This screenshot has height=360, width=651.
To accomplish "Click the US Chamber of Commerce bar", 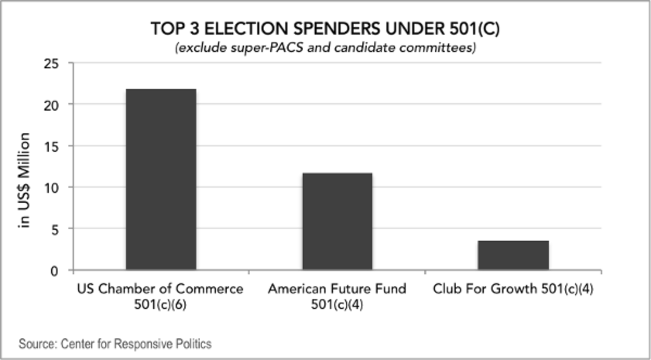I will point(161,179).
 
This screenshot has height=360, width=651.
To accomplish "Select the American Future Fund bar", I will point(337,221).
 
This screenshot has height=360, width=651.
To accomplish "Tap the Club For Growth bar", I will point(513,255).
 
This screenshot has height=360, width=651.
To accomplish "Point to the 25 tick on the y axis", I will point(58,63).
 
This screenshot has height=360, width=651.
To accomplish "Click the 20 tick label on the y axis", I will point(58,104).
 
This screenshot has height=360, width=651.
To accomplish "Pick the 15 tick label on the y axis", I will point(58,146).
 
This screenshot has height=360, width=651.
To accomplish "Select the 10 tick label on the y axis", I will point(58,187).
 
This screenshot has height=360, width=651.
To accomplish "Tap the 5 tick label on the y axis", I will point(61,229).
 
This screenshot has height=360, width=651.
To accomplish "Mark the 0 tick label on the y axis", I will point(61,270).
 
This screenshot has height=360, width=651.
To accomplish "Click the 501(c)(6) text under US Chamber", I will point(160,305).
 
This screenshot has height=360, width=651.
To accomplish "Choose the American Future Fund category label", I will point(337,289).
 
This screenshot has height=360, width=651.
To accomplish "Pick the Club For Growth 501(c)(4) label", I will point(513,289).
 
